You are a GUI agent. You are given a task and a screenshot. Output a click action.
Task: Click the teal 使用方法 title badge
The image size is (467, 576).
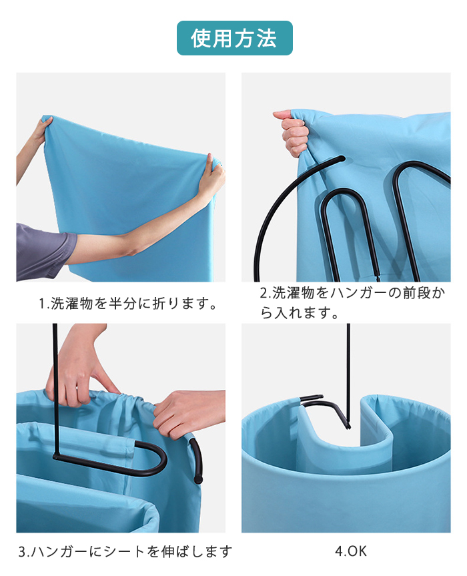tap(235, 38)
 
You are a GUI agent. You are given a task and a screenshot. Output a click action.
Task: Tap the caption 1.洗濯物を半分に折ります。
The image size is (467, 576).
tap(128, 304)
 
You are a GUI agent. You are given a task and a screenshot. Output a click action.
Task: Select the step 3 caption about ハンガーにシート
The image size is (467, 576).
tap(125, 551)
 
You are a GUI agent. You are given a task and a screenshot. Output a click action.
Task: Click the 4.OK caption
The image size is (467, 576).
tap(351, 551)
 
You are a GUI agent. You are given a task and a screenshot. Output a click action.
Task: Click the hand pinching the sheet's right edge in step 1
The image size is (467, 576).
tap(212, 174)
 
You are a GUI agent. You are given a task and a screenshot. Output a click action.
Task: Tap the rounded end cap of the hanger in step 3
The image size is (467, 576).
tap(198, 479)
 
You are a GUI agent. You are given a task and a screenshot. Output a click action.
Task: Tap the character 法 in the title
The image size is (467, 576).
tap(267, 38)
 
